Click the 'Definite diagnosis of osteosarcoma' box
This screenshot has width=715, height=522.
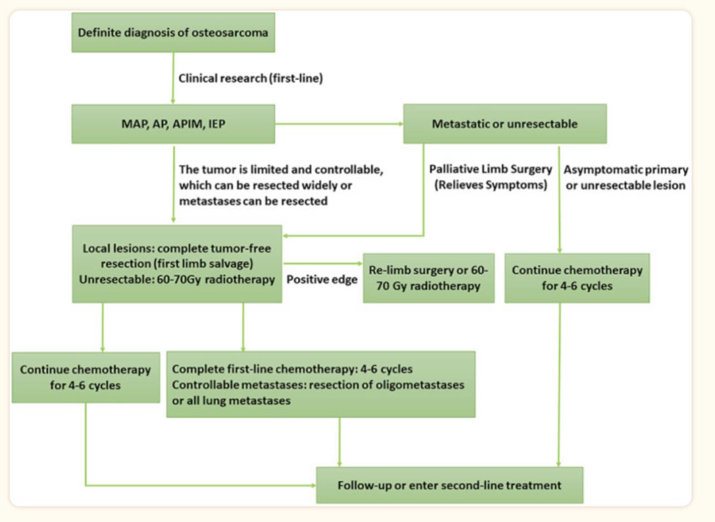pos(173,32)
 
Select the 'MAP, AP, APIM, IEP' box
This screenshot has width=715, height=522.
pos(173,124)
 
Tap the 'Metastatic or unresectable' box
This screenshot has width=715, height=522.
pos(505,124)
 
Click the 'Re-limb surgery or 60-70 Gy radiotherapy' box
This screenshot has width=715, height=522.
pos(429,278)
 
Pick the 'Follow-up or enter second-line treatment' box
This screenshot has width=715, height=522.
pos(449,485)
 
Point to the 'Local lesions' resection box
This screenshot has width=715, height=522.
pos(177,264)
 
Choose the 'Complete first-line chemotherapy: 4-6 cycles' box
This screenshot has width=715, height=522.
pos(321,385)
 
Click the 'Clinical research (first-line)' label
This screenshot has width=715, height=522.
pos(251,78)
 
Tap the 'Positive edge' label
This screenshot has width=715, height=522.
pos(322,279)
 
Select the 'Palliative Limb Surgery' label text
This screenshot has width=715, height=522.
pos(491,169)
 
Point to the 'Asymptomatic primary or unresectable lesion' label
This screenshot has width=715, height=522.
pos(626,178)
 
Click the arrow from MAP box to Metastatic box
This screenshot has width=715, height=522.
pos(339,124)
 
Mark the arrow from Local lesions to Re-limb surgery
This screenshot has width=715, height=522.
pos(323,264)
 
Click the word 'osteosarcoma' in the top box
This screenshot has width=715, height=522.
pos(230,32)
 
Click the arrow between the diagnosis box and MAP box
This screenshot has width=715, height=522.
pos(173,78)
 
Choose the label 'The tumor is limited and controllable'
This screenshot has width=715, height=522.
pos(281,169)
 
